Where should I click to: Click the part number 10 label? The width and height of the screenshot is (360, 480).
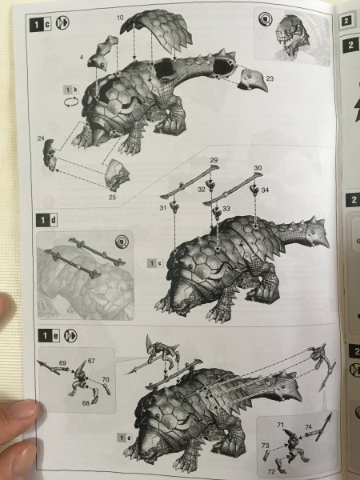[x=120, y=18]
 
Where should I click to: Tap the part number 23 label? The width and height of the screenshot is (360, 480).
[x=270, y=78]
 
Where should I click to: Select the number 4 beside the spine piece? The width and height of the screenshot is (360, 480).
[x=82, y=57]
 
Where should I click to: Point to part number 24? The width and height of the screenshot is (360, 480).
[x=41, y=138]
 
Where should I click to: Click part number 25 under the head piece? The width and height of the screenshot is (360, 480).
[x=112, y=197]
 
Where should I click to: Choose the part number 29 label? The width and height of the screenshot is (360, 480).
[x=214, y=160]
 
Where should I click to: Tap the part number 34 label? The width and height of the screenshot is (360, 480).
[x=265, y=190]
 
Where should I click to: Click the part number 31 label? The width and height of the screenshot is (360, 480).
[x=163, y=208]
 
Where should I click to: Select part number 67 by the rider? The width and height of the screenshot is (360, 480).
[x=91, y=361]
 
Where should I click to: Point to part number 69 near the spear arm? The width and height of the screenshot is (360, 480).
[x=62, y=363]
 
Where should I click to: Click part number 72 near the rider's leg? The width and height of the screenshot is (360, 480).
[x=271, y=472]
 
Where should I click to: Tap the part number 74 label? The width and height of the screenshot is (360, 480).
[x=308, y=426]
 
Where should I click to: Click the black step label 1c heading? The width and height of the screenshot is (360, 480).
[x=41, y=25]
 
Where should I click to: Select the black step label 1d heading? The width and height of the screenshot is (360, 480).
[x=46, y=220]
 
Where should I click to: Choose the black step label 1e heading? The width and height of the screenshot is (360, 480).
[x=49, y=336]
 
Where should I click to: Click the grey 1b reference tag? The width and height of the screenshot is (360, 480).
[x=70, y=90]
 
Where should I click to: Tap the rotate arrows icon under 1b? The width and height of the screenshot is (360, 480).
[x=71, y=102]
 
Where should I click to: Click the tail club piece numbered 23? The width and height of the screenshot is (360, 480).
[x=253, y=80]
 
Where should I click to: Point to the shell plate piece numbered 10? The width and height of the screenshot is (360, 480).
[x=157, y=29]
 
